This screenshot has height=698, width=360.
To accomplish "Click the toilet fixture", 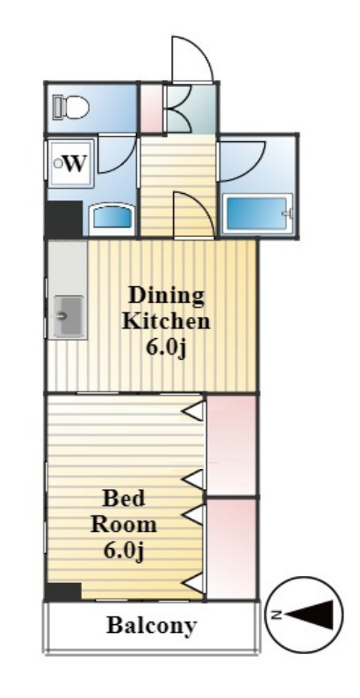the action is [71, 107].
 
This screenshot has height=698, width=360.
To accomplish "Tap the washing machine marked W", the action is [71, 163].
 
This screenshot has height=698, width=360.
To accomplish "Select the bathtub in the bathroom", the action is [257, 213].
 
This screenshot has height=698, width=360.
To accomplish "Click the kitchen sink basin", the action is [68, 316].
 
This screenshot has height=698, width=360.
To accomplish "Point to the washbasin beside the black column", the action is [112, 219].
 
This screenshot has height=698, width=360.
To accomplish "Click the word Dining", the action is [166, 297].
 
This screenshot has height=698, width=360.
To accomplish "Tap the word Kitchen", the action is [166, 321].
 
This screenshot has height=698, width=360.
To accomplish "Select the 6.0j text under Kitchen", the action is [166, 348].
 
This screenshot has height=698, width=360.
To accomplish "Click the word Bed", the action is [124, 498].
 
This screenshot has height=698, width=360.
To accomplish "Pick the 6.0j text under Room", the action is [124, 550].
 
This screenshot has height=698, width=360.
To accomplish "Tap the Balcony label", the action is [151, 625].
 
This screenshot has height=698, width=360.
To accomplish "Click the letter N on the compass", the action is [277, 615].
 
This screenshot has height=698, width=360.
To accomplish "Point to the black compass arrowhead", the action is [311, 615].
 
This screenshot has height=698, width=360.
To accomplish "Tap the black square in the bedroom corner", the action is [63, 591].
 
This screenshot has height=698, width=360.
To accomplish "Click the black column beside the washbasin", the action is [64, 219].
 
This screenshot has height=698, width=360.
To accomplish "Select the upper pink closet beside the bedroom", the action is [232, 444].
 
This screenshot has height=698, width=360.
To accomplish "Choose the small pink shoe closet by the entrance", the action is [151, 108].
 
